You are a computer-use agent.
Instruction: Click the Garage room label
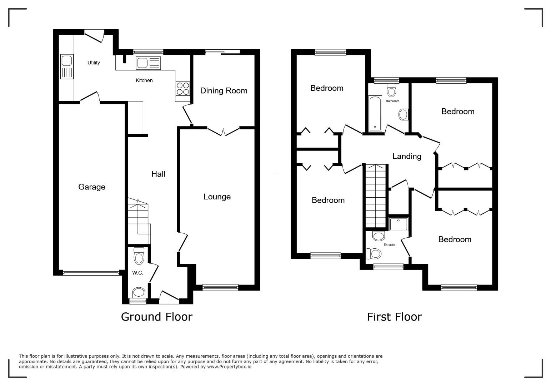coord(92,187)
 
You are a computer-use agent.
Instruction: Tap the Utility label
coord(94,63)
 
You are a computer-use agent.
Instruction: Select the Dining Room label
coord(224,90)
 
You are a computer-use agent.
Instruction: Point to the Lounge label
coord(217,197)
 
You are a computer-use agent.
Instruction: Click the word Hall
coord(158,174)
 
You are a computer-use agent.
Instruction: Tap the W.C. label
coord(137,273)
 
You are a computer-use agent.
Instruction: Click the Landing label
coord(407,156)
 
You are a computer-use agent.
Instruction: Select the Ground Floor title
coord(157,317)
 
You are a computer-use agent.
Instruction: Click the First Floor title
coord(395,317)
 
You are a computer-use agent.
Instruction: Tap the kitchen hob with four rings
coord(183,89)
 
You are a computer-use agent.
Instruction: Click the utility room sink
coord(67,67)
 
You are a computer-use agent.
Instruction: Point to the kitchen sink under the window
coord(148,63)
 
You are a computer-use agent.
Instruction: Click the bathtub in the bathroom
coord(375,114)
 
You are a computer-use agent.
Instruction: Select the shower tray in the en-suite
coord(399,224)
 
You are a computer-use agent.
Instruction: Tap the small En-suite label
coord(389,245)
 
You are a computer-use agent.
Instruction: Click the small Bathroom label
coord(392,101)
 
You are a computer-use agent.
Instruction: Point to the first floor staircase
coord(375,196)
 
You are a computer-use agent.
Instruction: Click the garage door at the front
coord(91,272)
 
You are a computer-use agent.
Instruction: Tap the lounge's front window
coord(220,287)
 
